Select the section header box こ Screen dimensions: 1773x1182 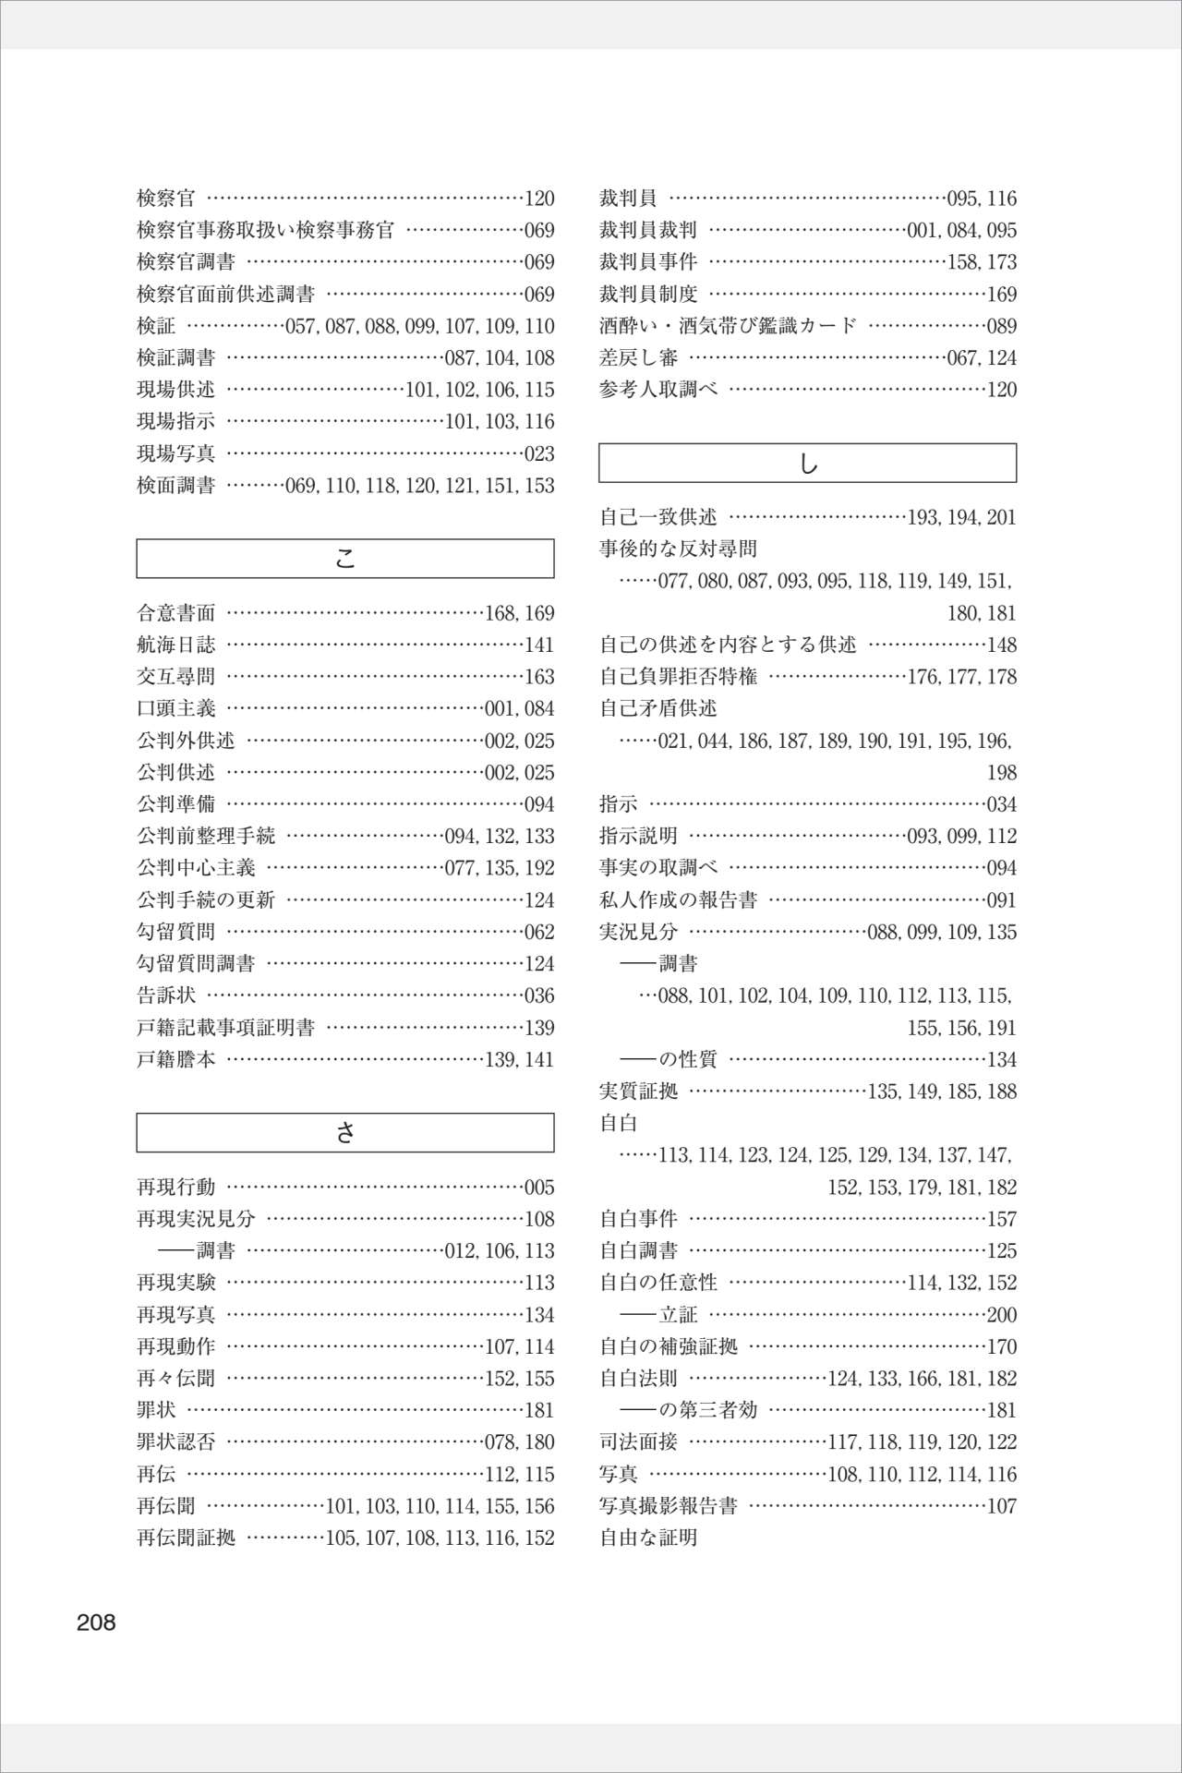pyautogui.click(x=345, y=559)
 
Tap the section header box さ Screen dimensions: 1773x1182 pyautogui.click(x=345, y=1133)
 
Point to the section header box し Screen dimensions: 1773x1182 pyautogui.click(x=808, y=464)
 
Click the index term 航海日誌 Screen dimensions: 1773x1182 pyautogui.click(x=176, y=645)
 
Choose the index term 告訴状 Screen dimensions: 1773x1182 pyautogui.click(x=166, y=995)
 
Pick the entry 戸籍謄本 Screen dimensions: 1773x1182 pyautogui.click(x=176, y=1059)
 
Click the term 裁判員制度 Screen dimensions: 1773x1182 pyautogui.click(x=648, y=295)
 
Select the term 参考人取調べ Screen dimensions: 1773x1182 pyautogui.click(x=658, y=390)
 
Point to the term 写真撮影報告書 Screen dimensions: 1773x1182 pyautogui.click(x=669, y=1506)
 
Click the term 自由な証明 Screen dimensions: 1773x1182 pyautogui.click(x=648, y=1538)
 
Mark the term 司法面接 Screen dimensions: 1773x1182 pyautogui.click(x=638, y=1442)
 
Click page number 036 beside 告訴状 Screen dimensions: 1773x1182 pyautogui.click(x=539, y=995)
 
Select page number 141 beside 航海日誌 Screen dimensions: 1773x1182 pyautogui.click(x=539, y=645)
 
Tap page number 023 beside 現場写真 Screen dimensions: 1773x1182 pyautogui.click(x=539, y=453)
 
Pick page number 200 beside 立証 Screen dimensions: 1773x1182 pyautogui.click(x=1002, y=1315)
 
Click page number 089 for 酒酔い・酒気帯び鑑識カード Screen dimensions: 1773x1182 pyautogui.click(x=1002, y=326)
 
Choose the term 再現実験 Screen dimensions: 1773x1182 pyautogui.click(x=176, y=1283)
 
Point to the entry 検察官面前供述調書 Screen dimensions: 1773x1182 pyautogui.click(x=226, y=295)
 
